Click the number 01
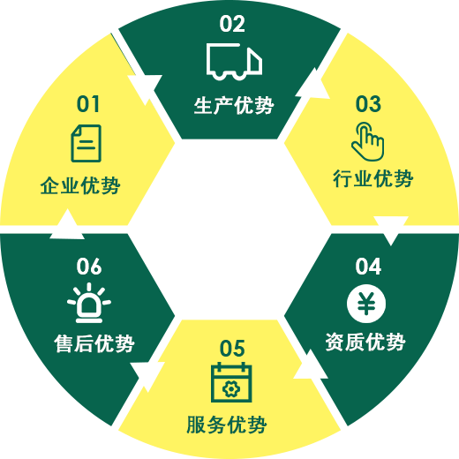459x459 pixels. pyautogui.click(x=87, y=104)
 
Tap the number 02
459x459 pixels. pyautogui.click(x=232, y=24)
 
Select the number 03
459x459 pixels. pyautogui.click(x=368, y=104)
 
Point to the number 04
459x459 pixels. pyautogui.click(x=368, y=267)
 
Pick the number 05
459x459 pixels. pyautogui.click(x=232, y=348)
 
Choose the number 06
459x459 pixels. pyautogui.click(x=89, y=267)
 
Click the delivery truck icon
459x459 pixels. pyautogui.click(x=234, y=62)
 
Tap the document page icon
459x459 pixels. pyautogui.click(x=87, y=143)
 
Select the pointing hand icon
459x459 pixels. pyautogui.click(x=368, y=141)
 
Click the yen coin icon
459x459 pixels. pyautogui.click(x=366, y=304)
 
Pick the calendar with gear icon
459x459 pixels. pyautogui.click(x=231, y=382)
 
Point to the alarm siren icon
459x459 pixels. pyautogui.click(x=89, y=303)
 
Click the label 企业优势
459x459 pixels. pyautogui.click(x=80, y=185)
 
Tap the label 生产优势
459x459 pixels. pyautogui.click(x=234, y=105)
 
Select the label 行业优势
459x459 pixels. pyautogui.click(x=373, y=178)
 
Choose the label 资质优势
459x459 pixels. pyautogui.click(x=365, y=342)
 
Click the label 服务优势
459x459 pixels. pyautogui.click(x=227, y=425)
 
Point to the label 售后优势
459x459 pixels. pyautogui.click(x=94, y=343)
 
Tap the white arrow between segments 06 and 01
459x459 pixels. pyautogui.click(x=67, y=224)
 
